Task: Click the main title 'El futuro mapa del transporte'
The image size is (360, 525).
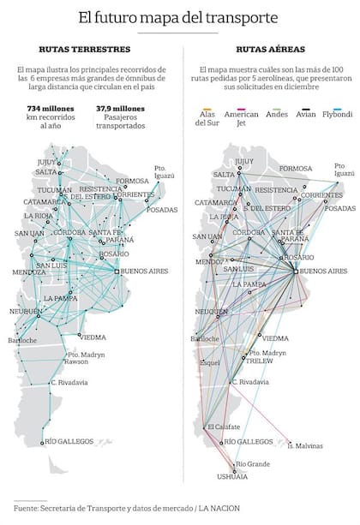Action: (178, 17)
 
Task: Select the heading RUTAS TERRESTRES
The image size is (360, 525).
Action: (85, 50)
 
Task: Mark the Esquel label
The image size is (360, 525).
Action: (210, 362)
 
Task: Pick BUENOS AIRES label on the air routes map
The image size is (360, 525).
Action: (325, 271)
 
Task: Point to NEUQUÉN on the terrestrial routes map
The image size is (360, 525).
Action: (26, 311)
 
